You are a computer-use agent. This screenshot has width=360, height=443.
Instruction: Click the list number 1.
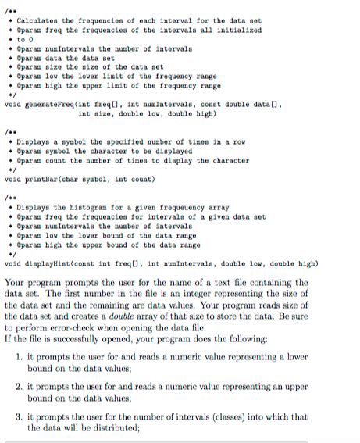[19, 356]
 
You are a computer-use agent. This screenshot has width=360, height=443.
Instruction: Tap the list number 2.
[19, 386]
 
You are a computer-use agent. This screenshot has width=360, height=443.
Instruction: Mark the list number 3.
[19, 416]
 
